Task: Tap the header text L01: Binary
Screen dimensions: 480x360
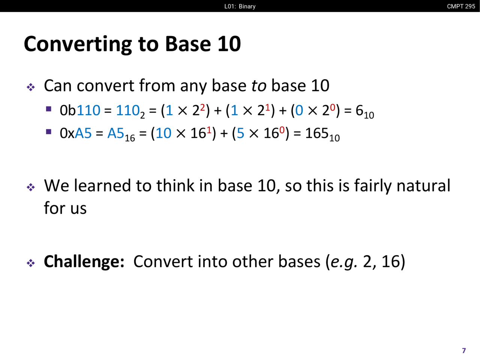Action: coord(240,6)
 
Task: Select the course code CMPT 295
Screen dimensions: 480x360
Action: coord(461,6)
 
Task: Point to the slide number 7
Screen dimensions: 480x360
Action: coord(464,351)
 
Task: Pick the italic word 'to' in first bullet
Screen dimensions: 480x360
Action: coord(259,85)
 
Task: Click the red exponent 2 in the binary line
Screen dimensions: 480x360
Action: coord(202,107)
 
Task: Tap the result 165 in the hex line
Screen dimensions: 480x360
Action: coord(317,133)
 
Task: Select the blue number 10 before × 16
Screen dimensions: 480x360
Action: coord(163,133)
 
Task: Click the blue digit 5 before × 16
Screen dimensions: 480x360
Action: coord(240,133)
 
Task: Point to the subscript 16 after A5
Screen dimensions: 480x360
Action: coord(130,138)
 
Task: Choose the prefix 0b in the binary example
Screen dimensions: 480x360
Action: coord(68,110)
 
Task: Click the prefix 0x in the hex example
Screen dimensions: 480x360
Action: coord(67,133)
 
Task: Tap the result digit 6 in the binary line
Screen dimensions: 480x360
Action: coord(359,110)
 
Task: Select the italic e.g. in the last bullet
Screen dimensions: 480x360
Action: coord(344,262)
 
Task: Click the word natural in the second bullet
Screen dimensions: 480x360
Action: coord(423,186)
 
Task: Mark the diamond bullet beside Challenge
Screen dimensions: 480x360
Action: coord(31,263)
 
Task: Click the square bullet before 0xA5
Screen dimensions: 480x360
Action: coord(48,132)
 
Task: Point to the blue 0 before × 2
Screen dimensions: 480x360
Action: coord(299,110)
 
